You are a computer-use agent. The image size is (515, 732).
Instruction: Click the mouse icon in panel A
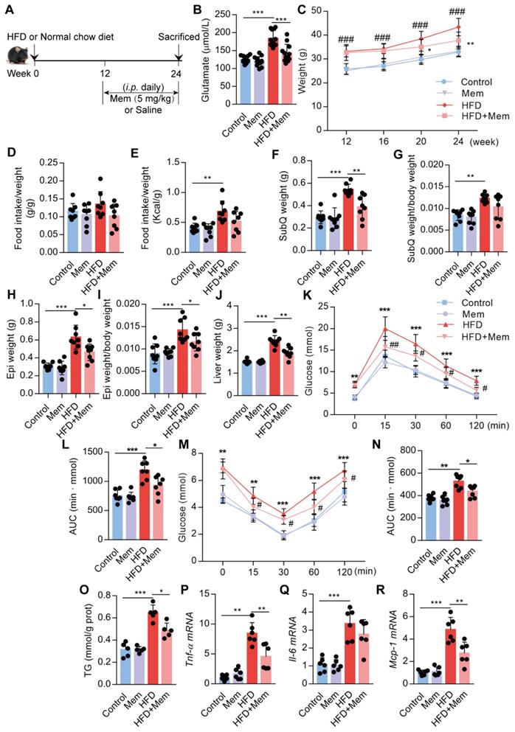[16, 54]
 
